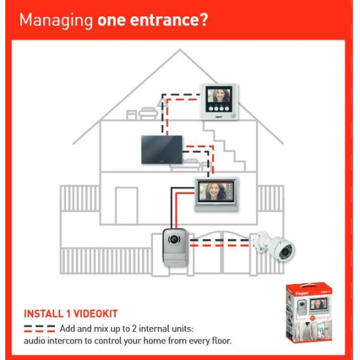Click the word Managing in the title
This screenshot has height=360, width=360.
(x=56, y=21)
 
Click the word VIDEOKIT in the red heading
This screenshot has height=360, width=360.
(x=96, y=314)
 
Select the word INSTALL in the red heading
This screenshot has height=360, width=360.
(x=43, y=314)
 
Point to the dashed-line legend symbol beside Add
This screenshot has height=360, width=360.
(x=39, y=329)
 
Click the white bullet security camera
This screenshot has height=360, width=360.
(x=273, y=246)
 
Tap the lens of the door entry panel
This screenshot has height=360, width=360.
(x=174, y=239)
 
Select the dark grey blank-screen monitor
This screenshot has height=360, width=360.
(x=162, y=150)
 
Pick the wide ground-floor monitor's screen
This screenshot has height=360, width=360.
(x=215, y=192)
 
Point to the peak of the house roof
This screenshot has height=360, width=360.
(x=180, y=49)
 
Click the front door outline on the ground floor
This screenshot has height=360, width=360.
(x=126, y=206)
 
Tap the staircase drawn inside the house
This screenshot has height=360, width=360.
(x=225, y=147)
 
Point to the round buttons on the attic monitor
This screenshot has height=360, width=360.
(x=219, y=109)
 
